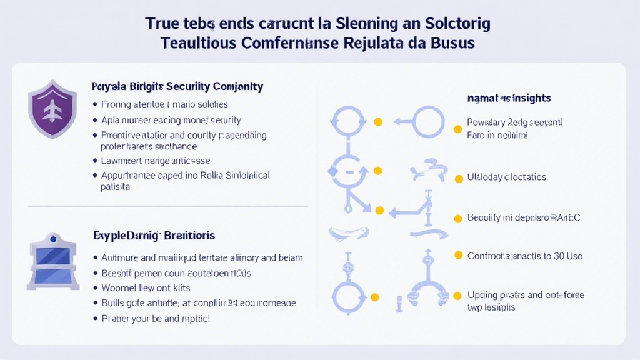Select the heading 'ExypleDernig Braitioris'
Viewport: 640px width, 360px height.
tap(154, 236)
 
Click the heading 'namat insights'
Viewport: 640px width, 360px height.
tap(509, 98)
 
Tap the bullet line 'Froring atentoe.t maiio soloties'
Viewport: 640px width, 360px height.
tap(164, 104)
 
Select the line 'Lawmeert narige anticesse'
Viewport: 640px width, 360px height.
tap(156, 161)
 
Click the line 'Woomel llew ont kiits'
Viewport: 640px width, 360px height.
tap(146, 288)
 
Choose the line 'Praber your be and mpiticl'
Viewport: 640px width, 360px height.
tap(156, 318)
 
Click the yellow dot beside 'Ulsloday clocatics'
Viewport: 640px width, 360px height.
tap(457, 177)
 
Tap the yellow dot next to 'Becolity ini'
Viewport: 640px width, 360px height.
tap(457, 217)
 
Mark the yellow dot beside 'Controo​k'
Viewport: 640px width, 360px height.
tap(457, 256)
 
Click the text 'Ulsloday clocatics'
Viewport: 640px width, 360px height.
tap(507, 177)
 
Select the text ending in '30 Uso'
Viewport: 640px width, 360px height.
tap(525, 256)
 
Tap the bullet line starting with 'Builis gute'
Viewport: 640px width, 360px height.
tap(199, 303)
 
